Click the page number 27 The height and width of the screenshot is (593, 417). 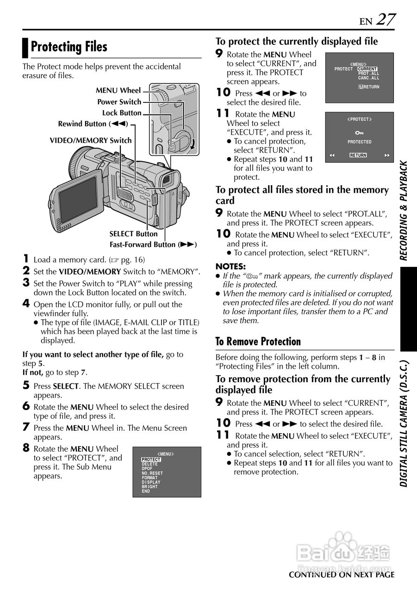385,19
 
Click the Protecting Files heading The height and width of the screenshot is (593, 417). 69,47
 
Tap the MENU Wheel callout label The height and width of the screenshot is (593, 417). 118,90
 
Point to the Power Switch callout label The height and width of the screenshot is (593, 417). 119,102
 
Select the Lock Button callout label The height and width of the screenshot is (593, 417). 122,113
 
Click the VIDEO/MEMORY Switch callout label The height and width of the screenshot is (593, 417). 91,140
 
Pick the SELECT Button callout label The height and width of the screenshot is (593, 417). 133,234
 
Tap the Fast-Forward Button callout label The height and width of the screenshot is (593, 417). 153,245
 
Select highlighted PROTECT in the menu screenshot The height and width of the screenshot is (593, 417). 151,460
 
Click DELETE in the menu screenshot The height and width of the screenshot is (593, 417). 150,464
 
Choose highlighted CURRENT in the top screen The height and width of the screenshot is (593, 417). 367,69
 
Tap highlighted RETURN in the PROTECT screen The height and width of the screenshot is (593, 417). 358,155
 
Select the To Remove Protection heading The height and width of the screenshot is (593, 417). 258,342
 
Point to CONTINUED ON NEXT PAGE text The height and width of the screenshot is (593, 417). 342,575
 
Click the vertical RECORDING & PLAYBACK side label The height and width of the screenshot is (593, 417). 404,211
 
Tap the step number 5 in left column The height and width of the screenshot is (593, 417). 26,385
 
